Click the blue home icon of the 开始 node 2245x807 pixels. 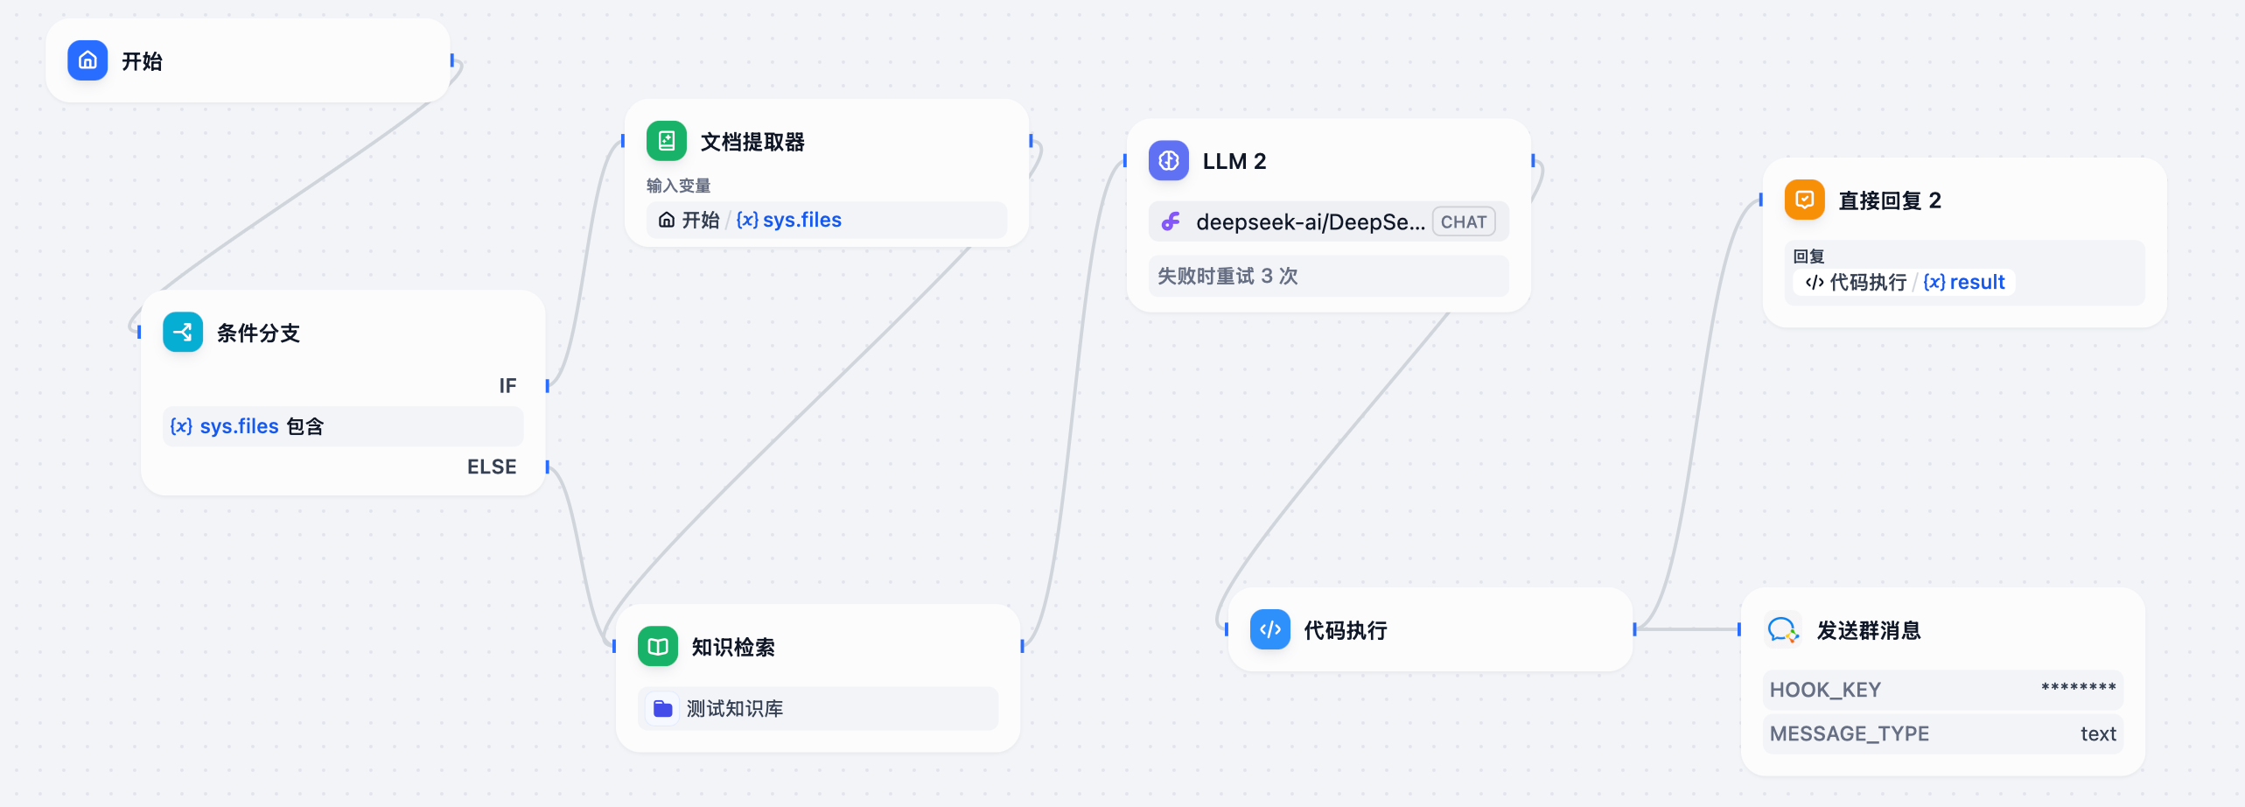coord(87,60)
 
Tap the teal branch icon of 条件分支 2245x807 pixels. coord(183,333)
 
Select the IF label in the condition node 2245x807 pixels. coord(507,386)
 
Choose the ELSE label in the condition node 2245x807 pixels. coord(492,467)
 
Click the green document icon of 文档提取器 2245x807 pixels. coord(667,141)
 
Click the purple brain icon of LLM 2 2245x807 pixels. coord(1169,161)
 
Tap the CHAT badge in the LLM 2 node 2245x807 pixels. coord(1464,222)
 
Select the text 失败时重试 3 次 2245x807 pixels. coord(1227,277)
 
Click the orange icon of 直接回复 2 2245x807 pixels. coord(1805,200)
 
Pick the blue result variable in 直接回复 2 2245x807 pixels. coord(1976,283)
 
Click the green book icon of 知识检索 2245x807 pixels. coord(658,647)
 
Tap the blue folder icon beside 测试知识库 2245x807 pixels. coord(663,709)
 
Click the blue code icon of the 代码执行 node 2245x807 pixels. coord(1270,630)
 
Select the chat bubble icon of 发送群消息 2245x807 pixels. coord(1783,630)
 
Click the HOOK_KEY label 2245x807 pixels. coord(1825,691)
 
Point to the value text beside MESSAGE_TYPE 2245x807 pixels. coord(2098,734)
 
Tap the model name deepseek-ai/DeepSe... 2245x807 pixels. coord(1310,222)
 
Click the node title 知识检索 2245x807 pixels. coord(733,648)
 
